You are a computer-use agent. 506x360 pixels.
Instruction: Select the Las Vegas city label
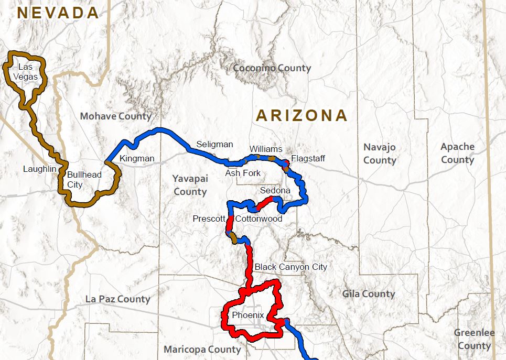click(x=28, y=72)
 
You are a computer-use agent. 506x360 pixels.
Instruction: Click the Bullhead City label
click(x=84, y=179)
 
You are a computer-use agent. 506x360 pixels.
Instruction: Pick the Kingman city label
click(x=137, y=158)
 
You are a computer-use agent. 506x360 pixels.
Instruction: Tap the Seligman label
click(x=214, y=144)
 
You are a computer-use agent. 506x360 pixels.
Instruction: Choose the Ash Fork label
click(x=243, y=173)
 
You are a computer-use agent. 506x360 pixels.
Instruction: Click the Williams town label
click(x=265, y=149)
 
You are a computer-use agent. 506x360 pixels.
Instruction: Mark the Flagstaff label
click(x=308, y=158)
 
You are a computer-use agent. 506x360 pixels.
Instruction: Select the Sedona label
click(x=275, y=191)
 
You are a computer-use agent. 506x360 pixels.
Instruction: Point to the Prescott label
click(x=209, y=219)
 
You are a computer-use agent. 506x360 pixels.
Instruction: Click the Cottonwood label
click(x=259, y=219)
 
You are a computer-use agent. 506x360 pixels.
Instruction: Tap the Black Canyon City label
click(x=290, y=267)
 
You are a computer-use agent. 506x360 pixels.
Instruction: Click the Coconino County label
click(x=272, y=68)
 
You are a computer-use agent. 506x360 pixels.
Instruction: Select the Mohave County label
click(x=115, y=116)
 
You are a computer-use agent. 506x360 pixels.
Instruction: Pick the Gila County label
click(x=368, y=294)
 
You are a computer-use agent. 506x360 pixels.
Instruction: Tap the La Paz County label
click(x=117, y=299)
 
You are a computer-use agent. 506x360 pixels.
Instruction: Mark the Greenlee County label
click(x=474, y=339)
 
